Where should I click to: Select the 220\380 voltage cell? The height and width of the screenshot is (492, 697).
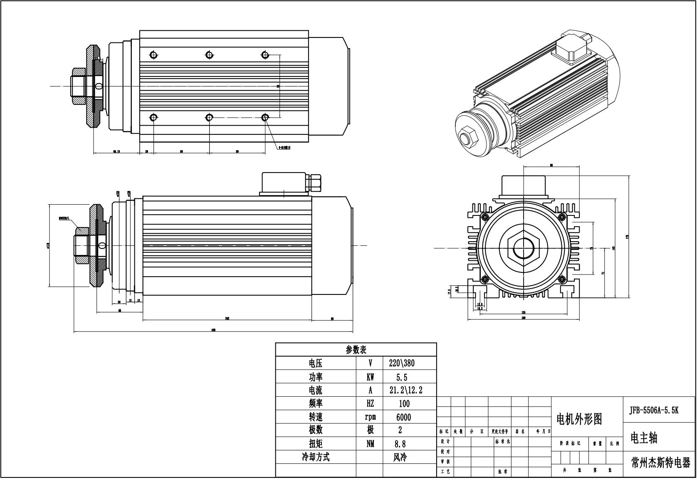(x=402, y=363)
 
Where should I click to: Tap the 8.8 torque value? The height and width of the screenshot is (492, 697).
(x=400, y=444)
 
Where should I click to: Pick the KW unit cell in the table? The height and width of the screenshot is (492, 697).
(x=370, y=377)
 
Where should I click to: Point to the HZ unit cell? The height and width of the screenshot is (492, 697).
(x=370, y=403)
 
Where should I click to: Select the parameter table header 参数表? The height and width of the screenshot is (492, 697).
(x=356, y=350)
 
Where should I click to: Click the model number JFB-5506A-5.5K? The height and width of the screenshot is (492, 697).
(x=654, y=410)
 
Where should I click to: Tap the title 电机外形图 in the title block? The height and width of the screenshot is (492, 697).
(x=579, y=419)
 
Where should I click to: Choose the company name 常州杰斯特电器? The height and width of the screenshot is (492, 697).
(x=660, y=463)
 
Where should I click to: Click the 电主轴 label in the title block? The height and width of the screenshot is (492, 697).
(x=644, y=438)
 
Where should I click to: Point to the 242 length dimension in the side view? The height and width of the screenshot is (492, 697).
(x=227, y=319)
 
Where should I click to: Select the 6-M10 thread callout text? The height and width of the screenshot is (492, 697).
(x=284, y=147)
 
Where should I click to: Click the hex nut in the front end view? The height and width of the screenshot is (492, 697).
(x=524, y=248)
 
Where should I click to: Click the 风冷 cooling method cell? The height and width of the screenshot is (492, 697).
(x=400, y=457)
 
